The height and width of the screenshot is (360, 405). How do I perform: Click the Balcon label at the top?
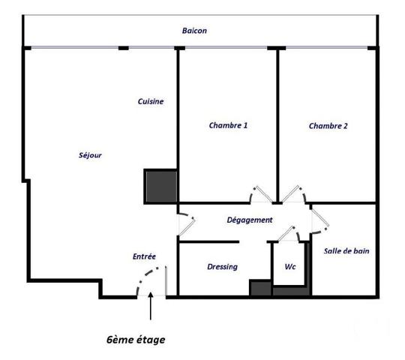click(x=194, y=31)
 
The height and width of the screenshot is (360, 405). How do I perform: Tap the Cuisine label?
click(x=151, y=101)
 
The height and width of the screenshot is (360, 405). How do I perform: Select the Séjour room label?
click(x=90, y=155)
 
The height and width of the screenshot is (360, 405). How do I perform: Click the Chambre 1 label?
click(x=228, y=126)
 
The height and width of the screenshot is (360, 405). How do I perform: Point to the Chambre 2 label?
click(x=328, y=126)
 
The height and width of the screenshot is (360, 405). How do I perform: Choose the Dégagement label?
click(x=250, y=220)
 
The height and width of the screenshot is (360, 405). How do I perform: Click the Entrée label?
click(x=144, y=256)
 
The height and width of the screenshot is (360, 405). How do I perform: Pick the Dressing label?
click(x=222, y=266)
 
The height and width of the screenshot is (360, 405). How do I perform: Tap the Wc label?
click(x=289, y=267)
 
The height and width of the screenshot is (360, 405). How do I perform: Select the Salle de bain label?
click(x=346, y=252)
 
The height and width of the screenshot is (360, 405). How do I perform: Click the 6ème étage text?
click(x=135, y=339)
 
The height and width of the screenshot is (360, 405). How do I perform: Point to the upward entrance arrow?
click(x=151, y=308)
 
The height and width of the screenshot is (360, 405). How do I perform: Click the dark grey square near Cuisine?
click(x=160, y=185)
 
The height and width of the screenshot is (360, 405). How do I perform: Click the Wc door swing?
click(x=287, y=234)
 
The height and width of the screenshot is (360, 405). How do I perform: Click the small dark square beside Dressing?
click(x=259, y=288)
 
